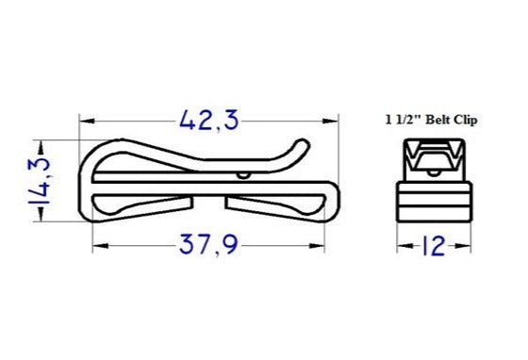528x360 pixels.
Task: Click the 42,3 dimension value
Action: click(x=208, y=120)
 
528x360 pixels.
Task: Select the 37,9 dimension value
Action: click(x=208, y=248)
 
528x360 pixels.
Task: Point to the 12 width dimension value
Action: click(x=433, y=247)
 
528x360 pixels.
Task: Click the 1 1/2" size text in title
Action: click(x=404, y=120)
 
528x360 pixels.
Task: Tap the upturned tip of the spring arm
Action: click(x=303, y=145)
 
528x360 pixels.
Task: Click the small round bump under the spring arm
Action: click(x=243, y=174)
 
